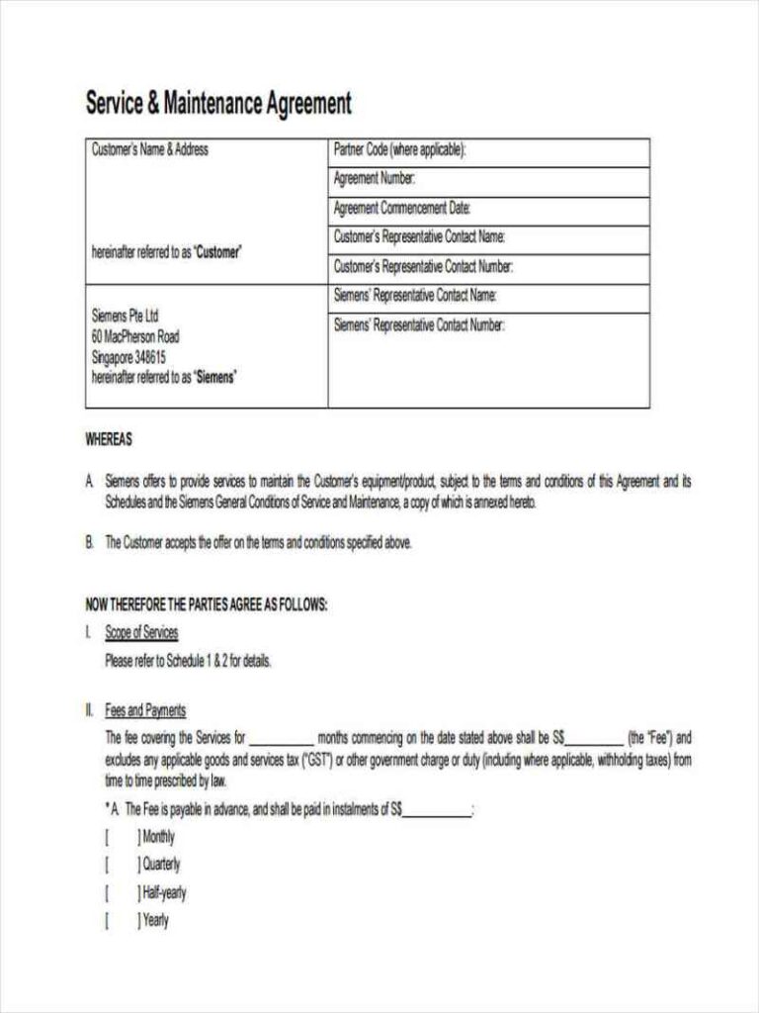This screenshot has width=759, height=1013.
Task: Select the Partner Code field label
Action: click(x=399, y=151)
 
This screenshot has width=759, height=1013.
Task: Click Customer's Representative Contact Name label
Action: click(x=419, y=237)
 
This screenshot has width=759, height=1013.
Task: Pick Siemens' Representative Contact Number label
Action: click(x=419, y=324)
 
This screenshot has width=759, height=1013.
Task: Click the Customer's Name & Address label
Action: click(x=150, y=150)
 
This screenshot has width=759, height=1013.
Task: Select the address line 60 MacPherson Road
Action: click(x=135, y=336)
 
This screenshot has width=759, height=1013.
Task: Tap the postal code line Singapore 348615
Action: click(x=128, y=356)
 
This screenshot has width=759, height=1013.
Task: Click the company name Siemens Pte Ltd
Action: click(x=126, y=317)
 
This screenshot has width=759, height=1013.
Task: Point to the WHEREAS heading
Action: click(x=109, y=440)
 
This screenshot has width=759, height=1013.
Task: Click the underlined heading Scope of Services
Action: click(x=141, y=633)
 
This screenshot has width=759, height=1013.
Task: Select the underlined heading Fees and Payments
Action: click(x=145, y=710)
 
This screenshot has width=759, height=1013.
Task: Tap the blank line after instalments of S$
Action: click(x=438, y=811)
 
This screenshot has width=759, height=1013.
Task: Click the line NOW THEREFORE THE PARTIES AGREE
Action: click(x=207, y=605)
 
